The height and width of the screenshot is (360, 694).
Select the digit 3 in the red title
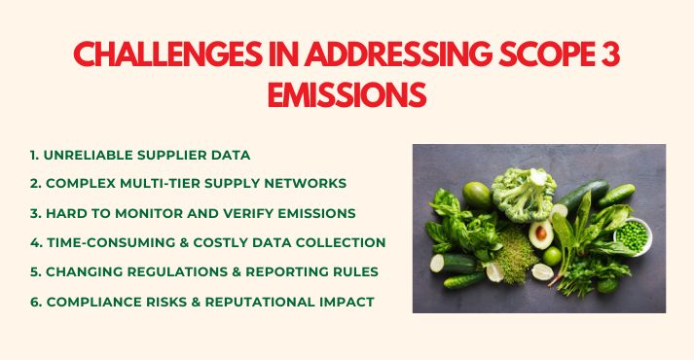coord(609,56)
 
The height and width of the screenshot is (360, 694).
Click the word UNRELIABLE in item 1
coord(95,154)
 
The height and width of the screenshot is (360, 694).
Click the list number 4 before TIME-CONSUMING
coord(34,242)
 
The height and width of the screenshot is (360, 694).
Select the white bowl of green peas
coord(632,234)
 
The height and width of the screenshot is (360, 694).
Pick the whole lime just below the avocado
coord(553,256)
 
